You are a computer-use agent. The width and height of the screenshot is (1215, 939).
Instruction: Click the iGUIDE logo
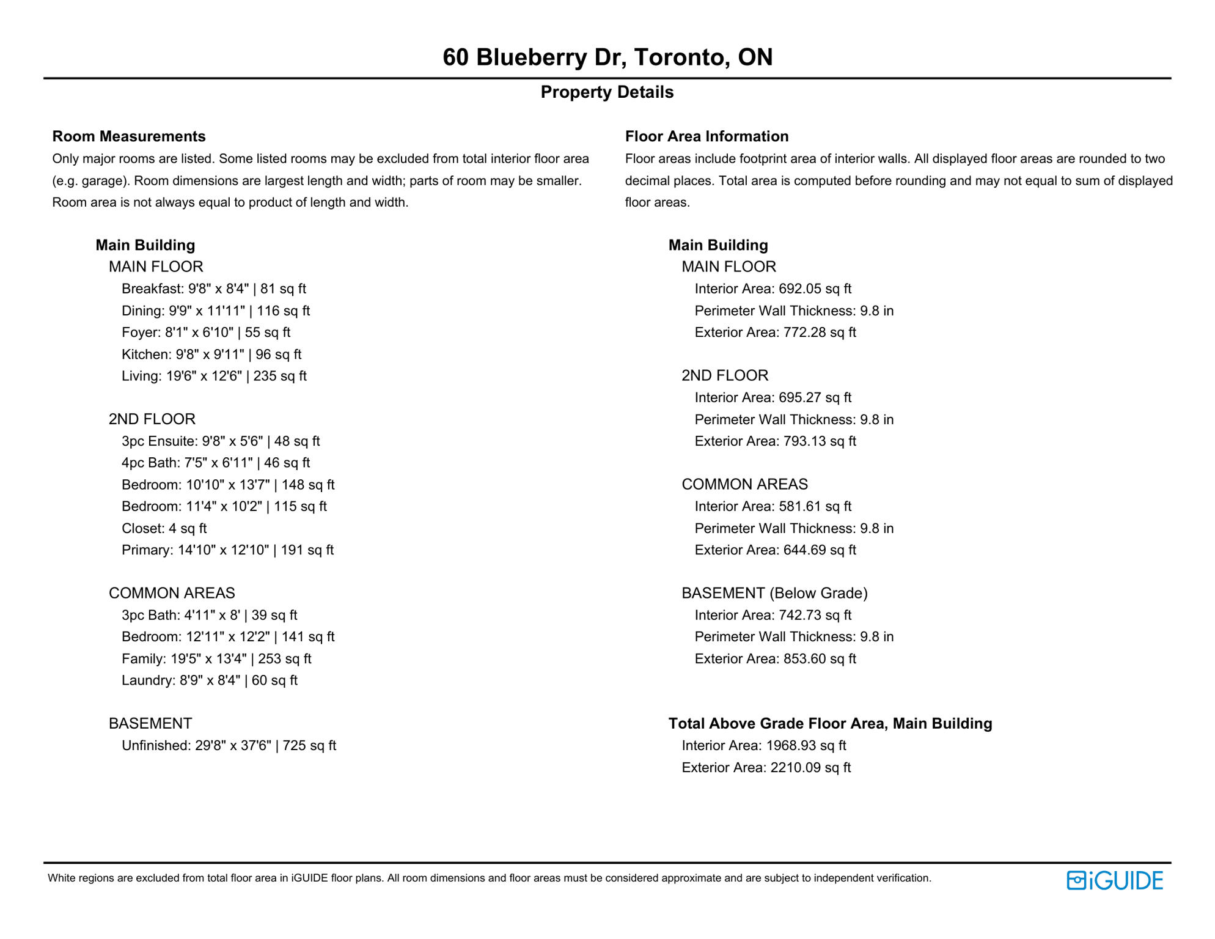[1114, 880]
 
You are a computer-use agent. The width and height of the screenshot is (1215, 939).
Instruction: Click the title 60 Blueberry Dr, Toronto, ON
[607, 57]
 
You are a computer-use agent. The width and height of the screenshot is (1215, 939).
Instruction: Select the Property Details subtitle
[607, 92]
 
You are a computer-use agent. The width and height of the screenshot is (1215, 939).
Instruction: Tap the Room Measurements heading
[129, 136]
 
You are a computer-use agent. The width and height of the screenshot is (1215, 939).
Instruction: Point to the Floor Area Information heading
[707, 136]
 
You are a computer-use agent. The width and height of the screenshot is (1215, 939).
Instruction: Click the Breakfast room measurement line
[213, 289]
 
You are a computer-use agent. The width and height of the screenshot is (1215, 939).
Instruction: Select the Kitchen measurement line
[211, 355]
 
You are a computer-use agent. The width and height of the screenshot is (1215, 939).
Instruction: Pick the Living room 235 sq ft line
[214, 376]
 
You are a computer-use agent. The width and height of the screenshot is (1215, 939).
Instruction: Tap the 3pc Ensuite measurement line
[220, 441]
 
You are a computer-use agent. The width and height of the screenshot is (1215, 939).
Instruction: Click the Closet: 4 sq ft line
[164, 528]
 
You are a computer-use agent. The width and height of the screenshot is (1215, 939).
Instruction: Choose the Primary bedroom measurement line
[227, 550]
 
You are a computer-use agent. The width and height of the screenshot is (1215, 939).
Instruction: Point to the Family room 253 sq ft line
[216, 659]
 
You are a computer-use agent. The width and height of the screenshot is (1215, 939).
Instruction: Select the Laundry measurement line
[209, 680]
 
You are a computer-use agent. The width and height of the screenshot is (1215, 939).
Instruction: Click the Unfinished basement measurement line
[229, 746]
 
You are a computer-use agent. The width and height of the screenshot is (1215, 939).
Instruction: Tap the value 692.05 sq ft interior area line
[773, 289]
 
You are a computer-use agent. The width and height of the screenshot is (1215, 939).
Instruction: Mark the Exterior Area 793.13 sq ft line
[775, 441]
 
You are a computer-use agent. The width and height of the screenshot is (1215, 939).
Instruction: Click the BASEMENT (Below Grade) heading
[774, 593]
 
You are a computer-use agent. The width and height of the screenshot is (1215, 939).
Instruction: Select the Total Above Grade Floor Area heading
[830, 724]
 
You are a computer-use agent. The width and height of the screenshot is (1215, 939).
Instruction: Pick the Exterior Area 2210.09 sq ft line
[766, 768]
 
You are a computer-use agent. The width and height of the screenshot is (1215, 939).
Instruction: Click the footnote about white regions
[489, 878]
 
